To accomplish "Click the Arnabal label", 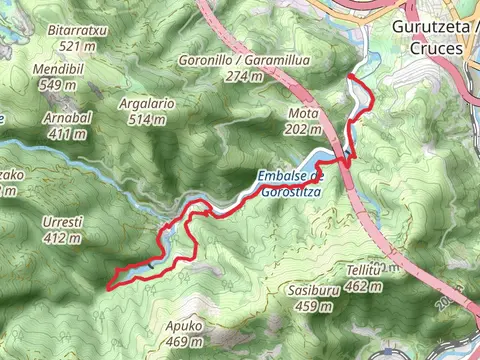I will click(66, 118).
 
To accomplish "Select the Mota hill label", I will click(302, 112).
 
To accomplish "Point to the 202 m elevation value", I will click(302, 128).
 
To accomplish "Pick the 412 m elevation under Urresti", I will click(62, 238).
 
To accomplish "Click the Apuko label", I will click(185, 326).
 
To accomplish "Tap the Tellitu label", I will click(363, 270).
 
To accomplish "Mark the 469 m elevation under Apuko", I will click(185, 342).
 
